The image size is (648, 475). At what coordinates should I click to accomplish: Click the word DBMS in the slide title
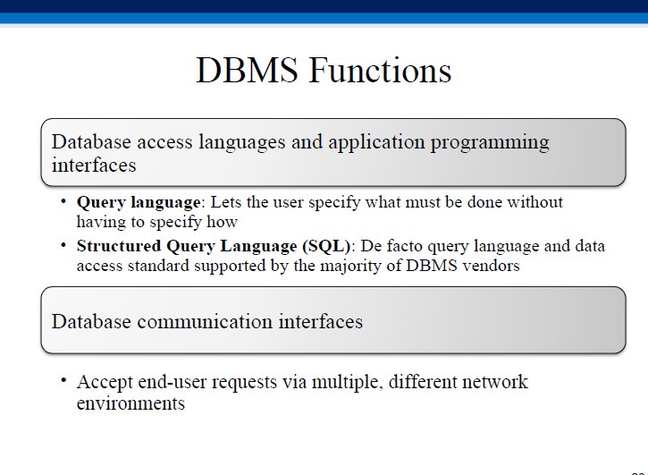247,70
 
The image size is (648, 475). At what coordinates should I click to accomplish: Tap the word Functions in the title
380,70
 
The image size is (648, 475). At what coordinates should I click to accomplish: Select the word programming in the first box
490,143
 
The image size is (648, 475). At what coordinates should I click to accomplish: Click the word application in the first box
376,143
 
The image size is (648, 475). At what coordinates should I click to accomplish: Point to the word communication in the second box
205,321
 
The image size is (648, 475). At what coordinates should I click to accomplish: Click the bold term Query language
139,203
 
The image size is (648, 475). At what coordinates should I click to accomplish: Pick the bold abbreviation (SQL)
326,246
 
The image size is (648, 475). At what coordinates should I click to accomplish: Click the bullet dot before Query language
63,201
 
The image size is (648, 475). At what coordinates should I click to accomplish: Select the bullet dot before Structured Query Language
63,245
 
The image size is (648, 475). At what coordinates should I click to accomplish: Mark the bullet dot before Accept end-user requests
63,380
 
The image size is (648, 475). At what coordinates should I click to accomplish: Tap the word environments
130,403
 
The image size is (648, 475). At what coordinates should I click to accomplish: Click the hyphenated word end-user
172,382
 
